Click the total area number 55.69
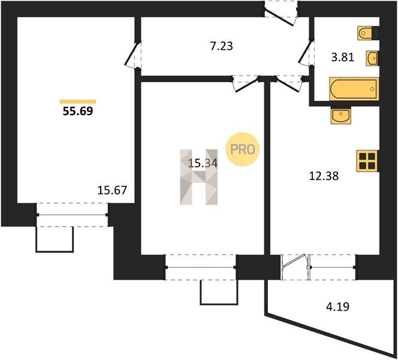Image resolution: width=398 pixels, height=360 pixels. (x=78, y=111)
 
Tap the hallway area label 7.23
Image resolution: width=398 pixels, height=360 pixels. (x=222, y=46)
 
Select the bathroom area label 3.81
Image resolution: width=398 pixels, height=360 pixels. (x=343, y=58)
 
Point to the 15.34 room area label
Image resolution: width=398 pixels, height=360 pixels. (x=203, y=163)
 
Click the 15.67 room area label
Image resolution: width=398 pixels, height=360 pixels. (x=112, y=190)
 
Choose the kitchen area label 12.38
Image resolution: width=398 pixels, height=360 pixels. (x=324, y=176)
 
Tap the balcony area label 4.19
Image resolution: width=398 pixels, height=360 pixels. (x=337, y=307)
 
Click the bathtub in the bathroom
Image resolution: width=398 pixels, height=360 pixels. (x=354, y=89)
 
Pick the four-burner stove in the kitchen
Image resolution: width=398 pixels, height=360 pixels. (x=367, y=161)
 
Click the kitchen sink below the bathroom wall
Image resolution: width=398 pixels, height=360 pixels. (x=341, y=116)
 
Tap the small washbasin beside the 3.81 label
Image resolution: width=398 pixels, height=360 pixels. (x=372, y=58)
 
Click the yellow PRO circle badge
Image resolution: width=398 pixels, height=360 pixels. (x=243, y=149)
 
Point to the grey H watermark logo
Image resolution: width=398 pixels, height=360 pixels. (x=199, y=177)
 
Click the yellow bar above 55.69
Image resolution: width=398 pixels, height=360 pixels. (x=78, y=101)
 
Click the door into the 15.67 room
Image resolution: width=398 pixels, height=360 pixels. (x=132, y=55)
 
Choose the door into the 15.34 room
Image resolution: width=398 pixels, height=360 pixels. (x=246, y=85)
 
